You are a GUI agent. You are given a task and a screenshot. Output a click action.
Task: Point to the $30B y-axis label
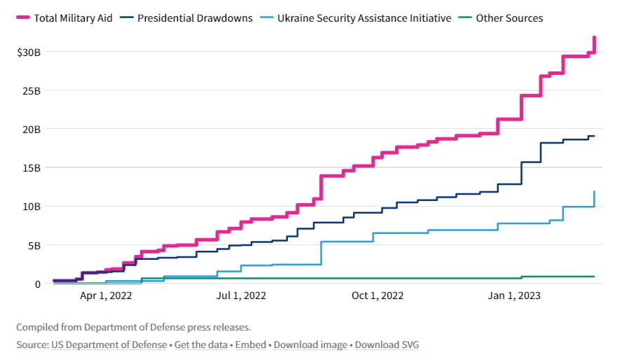coord(29,53)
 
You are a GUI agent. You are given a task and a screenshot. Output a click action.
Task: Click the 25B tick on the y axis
coord(32,91)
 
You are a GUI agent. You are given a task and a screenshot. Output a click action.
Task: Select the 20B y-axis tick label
coord(32,130)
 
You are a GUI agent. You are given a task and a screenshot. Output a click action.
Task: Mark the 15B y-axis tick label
coord(32,168)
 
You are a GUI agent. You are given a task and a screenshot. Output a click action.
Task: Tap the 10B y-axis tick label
coord(32,207)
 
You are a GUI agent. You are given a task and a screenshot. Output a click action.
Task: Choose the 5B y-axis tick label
coord(35,245)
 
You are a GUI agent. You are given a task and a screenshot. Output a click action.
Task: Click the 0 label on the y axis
coord(39,284)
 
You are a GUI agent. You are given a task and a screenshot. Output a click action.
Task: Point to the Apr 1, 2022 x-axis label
coord(106,296)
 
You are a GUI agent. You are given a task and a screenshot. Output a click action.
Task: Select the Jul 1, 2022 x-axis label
coord(241,296)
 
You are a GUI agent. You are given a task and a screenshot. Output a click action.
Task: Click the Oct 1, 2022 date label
coord(378,296)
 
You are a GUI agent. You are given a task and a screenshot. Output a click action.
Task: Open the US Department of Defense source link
coord(109,345)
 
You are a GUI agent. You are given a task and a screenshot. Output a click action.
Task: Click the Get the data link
coord(201,345)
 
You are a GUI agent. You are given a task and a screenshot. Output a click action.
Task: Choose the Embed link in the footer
coord(250,345)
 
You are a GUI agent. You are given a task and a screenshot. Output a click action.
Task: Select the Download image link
coord(310,345)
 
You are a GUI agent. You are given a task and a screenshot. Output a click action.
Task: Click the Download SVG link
coord(387,345)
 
